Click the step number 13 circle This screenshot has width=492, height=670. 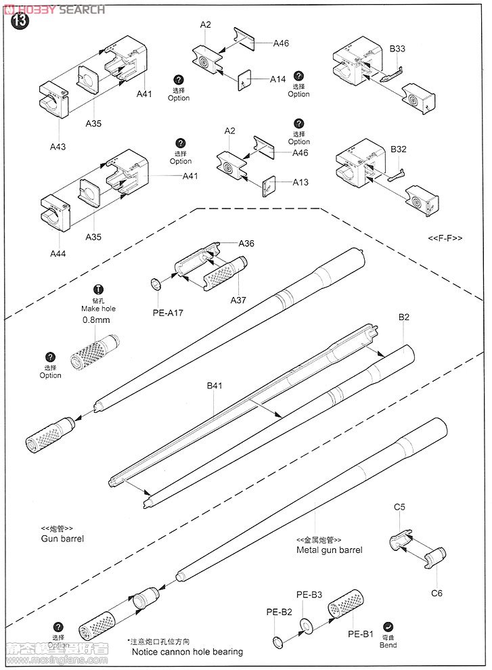point(20,21)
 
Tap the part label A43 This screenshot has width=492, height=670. point(58,146)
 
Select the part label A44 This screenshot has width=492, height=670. point(58,253)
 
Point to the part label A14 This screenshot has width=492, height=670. point(277,79)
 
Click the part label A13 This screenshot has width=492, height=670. point(300,183)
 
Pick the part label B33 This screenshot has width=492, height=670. point(397,49)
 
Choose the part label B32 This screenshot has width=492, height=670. point(398,149)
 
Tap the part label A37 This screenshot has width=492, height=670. point(239,300)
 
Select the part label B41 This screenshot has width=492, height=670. point(215,387)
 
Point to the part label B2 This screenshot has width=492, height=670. point(404,316)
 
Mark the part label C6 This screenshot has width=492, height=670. point(437,593)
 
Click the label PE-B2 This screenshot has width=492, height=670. point(278,612)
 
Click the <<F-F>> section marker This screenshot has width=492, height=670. point(445,238)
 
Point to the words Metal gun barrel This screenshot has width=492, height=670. point(329,550)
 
